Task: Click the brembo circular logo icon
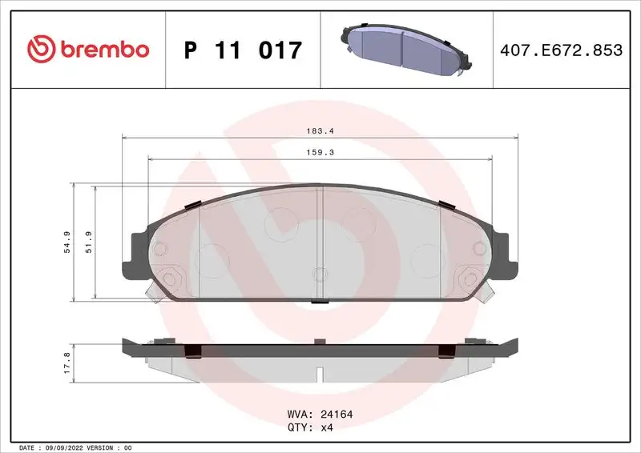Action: [39, 50]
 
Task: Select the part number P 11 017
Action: [243, 50]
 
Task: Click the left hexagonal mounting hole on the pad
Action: [168, 279]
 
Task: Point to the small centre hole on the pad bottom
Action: [319, 275]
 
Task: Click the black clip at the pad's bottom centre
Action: [319, 301]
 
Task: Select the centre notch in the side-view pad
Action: [319, 373]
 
